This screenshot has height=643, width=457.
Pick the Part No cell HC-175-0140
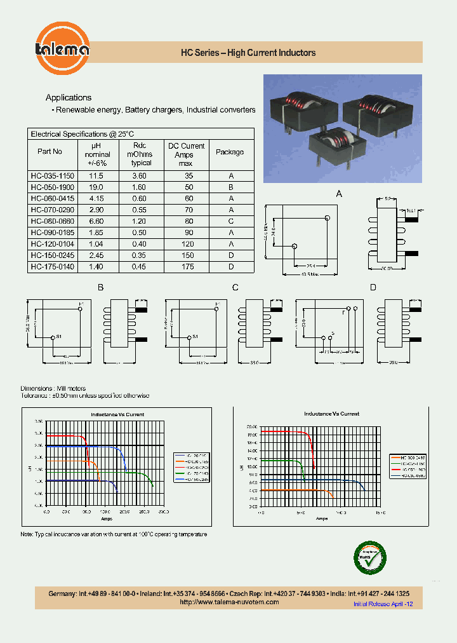tap(52, 267)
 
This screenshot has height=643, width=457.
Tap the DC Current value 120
tap(189, 244)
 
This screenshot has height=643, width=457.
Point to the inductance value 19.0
tap(96, 187)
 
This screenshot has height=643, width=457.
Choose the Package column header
tap(230, 152)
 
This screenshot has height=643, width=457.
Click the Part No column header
tap(50, 152)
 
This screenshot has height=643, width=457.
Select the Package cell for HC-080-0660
tap(231, 221)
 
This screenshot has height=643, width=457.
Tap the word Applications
tap(69, 97)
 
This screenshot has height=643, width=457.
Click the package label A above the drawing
tap(339, 194)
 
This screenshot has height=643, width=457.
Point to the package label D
tap(373, 288)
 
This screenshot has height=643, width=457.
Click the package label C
tap(235, 288)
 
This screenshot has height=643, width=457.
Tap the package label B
tap(100, 288)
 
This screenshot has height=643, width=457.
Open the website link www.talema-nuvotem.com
tap(229, 602)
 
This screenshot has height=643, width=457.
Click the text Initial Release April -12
tap(383, 604)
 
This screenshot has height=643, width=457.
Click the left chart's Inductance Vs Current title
tap(117, 414)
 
